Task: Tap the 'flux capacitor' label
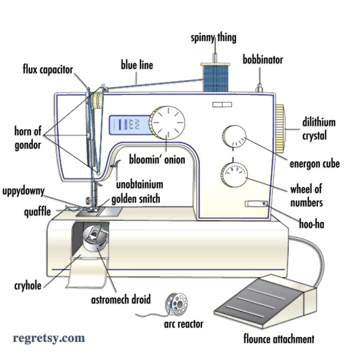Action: click(x=48, y=70)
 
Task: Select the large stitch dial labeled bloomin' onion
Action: click(x=167, y=123)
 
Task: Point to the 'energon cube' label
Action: click(x=315, y=164)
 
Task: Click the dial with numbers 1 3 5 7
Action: click(x=234, y=175)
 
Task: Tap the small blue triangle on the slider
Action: click(x=264, y=203)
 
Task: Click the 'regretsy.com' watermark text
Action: click(x=49, y=338)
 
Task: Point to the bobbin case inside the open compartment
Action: click(x=95, y=240)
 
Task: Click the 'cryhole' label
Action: click(x=28, y=286)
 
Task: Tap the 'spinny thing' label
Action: click(x=213, y=38)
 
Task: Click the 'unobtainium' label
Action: click(x=140, y=185)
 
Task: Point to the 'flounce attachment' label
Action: click(x=279, y=339)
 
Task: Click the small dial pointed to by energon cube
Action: click(x=234, y=136)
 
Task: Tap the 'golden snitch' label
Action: click(x=136, y=199)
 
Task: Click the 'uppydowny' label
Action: click(x=23, y=191)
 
